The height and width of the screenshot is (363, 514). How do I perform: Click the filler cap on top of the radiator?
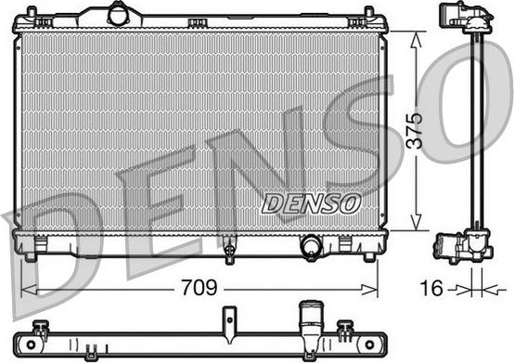(x=120, y=13)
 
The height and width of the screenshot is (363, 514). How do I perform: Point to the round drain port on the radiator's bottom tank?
(x=311, y=246)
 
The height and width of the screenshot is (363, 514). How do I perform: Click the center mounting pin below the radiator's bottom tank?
(x=228, y=249)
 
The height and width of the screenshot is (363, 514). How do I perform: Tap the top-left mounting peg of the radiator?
(x=31, y=13)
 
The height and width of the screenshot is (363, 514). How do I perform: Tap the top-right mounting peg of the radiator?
(x=367, y=13)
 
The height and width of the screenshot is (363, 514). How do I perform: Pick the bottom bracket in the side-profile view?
(x=461, y=246)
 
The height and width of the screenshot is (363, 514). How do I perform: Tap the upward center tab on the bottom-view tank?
(x=225, y=320)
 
